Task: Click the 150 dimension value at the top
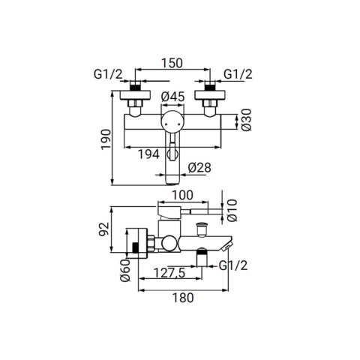pos(172,63)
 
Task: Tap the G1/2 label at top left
pos(108,74)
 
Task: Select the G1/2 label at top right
pos(238,74)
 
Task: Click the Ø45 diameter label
pos(173,97)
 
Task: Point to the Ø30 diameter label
pos(246,120)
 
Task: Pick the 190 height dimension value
pos(106,139)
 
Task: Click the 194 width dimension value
pos(149,154)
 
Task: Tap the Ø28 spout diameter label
pos(199,167)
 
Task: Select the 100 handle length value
pos(182,195)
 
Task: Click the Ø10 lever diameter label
pos(232,210)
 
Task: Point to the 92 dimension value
pos(104,229)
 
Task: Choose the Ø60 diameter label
pos(125,270)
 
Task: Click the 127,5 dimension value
pos(169,273)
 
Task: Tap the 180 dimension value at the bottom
pos(183,298)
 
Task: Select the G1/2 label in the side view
pos(233,265)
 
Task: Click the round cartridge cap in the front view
pos(172,121)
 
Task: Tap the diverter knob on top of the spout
pos(202,229)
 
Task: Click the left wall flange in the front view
pos(135,95)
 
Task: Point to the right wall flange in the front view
pos(210,95)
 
